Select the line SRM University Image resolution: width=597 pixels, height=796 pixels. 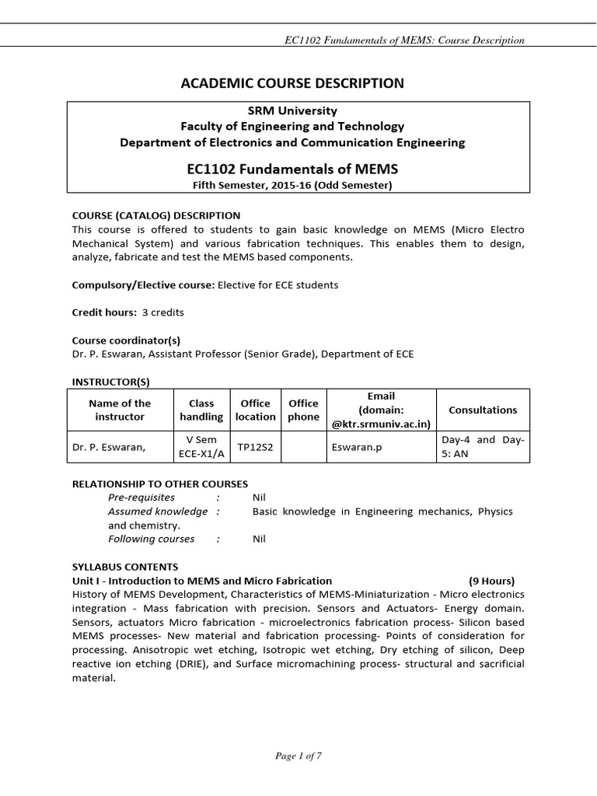tap(299, 110)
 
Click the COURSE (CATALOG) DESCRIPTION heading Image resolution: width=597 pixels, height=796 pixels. tap(156, 215)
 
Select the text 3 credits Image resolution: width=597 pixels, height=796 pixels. tap(163, 312)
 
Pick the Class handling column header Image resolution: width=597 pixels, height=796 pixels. tap(201, 410)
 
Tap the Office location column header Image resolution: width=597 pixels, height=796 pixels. tap(256, 410)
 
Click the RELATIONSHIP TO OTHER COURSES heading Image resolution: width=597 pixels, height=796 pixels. tap(160, 484)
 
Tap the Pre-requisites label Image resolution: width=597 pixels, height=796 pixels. tap(141, 497)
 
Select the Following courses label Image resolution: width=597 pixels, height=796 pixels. tap(152, 538)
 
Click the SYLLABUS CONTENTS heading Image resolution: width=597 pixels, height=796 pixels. tap(125, 567)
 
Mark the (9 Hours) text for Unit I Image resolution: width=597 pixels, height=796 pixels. tap(492, 581)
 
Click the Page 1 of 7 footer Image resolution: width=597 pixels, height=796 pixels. tap(298, 756)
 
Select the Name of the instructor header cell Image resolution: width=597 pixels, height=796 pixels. tap(120, 410)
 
